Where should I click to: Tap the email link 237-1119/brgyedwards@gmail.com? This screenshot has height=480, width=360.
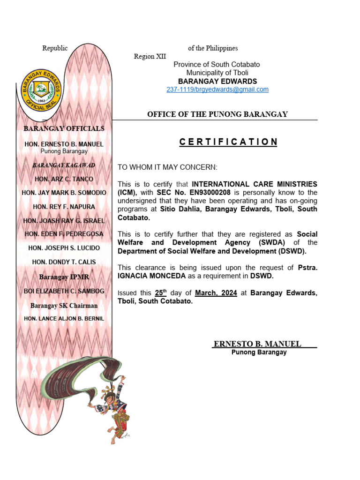(217, 90)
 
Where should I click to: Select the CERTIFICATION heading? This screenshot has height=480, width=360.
(228, 142)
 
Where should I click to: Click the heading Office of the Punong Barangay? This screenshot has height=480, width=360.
(217, 114)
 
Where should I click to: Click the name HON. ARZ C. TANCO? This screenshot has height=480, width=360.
(64, 179)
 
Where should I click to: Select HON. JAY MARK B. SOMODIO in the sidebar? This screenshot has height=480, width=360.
(64, 193)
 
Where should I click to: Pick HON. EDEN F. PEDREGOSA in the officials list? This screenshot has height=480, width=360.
(64, 234)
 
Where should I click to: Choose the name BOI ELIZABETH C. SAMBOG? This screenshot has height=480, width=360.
(64, 291)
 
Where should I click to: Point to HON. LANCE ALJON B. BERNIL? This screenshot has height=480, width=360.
(64, 319)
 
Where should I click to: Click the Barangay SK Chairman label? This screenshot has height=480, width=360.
(64, 306)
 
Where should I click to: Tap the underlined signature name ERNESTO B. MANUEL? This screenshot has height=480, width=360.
(257, 344)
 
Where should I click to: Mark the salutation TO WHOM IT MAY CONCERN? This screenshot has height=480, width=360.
(167, 167)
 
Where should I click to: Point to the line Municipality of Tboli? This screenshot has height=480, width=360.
(217, 73)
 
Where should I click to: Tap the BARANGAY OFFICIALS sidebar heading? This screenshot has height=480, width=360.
(64, 128)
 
